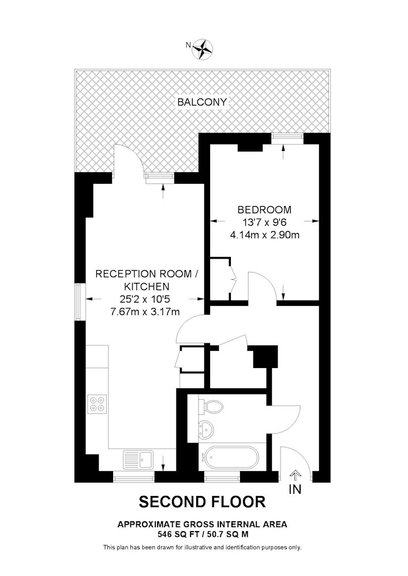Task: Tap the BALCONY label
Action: pyautogui.click(x=202, y=102)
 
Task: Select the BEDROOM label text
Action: pyautogui.click(x=264, y=210)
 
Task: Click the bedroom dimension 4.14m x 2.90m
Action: pyautogui.click(x=264, y=235)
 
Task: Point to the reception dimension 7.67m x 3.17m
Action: pyautogui.click(x=145, y=312)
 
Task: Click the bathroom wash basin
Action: pyautogui.click(x=206, y=429)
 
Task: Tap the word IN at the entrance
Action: pyautogui.click(x=295, y=489)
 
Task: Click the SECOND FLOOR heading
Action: pyautogui.click(x=203, y=502)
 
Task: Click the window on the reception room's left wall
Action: pyautogui.click(x=78, y=301)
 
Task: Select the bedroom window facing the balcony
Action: pyautogui.click(x=288, y=138)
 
